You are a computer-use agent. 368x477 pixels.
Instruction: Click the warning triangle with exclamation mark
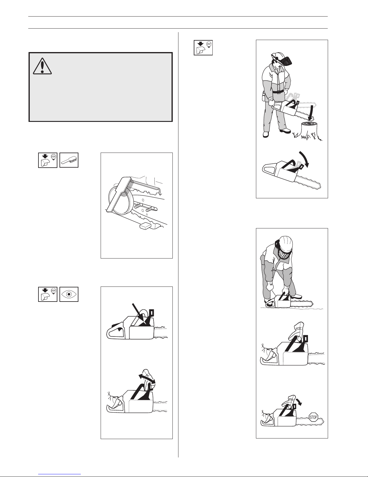(x=42, y=66)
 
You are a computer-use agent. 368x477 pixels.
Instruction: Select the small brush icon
(x=69, y=160)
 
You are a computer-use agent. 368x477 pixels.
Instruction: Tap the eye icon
(x=69, y=294)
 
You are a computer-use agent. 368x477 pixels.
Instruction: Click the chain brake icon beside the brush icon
(x=48, y=160)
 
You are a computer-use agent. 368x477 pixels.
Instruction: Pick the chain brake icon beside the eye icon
(x=48, y=294)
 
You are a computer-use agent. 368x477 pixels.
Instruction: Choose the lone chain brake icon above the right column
(x=203, y=48)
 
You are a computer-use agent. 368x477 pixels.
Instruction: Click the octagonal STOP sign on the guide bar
(x=313, y=417)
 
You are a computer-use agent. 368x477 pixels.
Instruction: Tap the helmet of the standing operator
(x=277, y=56)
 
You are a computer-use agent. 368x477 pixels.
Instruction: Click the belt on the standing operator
(x=278, y=91)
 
